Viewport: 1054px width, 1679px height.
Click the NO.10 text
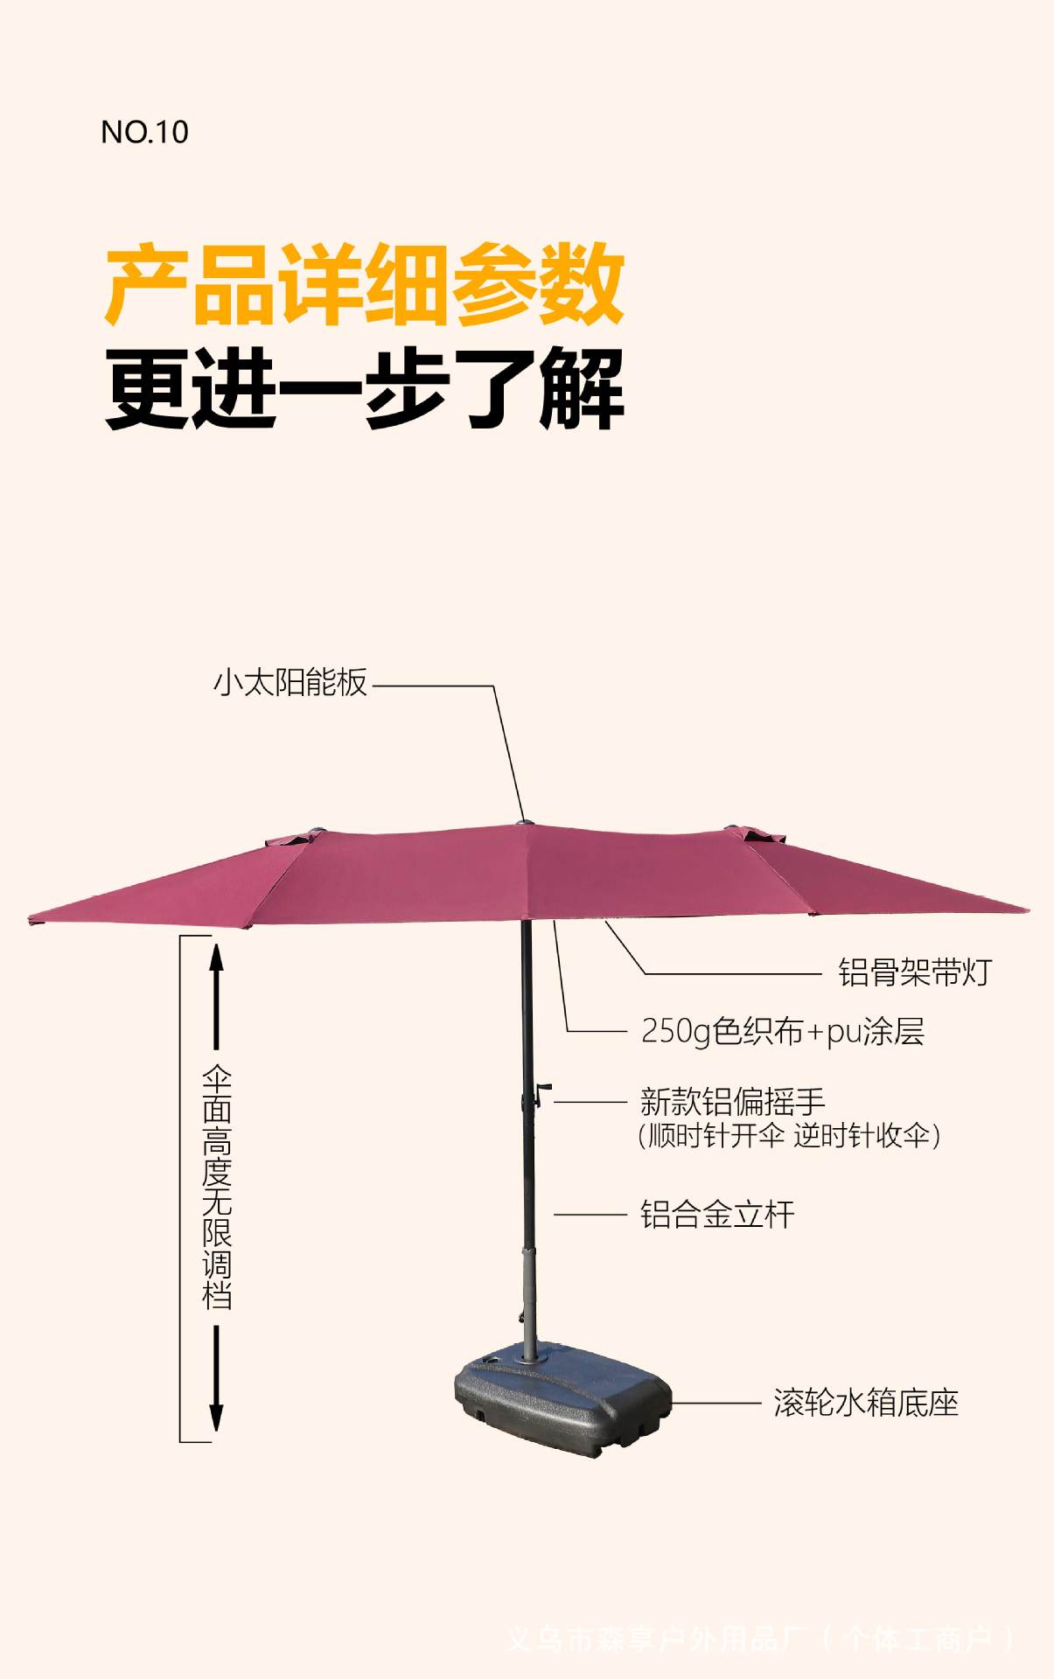point(144,132)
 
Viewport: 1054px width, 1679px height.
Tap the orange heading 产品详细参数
point(364,285)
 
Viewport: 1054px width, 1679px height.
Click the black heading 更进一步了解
point(364,388)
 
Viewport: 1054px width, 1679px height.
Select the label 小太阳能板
point(290,683)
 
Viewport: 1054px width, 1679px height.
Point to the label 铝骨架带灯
point(915,972)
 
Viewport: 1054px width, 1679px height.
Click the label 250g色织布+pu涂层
point(783,1032)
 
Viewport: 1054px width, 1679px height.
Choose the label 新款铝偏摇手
point(732,1101)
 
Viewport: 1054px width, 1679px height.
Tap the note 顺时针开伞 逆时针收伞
point(789,1136)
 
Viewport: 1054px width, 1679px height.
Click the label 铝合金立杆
point(717,1215)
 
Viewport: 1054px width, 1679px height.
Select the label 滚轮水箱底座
point(866,1404)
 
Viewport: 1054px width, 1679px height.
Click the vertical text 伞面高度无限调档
point(216,1187)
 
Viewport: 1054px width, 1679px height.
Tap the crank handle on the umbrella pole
point(541,1094)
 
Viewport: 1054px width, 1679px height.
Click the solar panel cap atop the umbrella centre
point(524,822)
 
